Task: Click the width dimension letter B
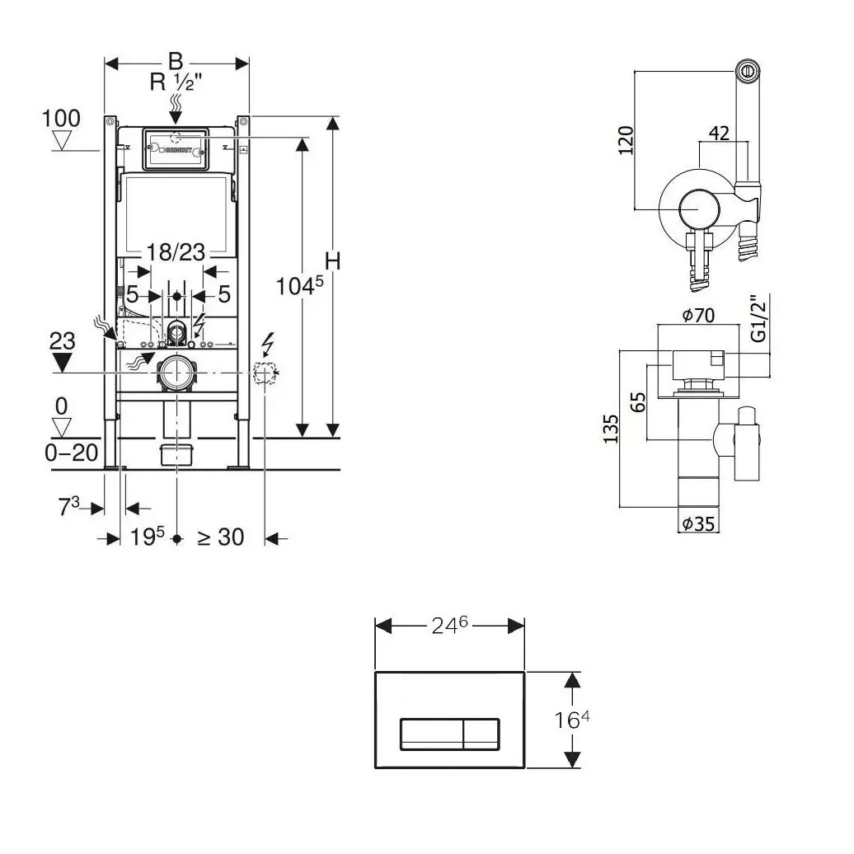click(176, 61)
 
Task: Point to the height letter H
click(332, 261)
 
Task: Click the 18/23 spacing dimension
click(176, 252)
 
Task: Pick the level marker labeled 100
click(62, 119)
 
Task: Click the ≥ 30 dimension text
click(220, 537)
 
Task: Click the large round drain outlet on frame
click(176, 373)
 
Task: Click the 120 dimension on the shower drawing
click(625, 140)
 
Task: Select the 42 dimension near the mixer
click(719, 133)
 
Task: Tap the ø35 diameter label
click(697, 523)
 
